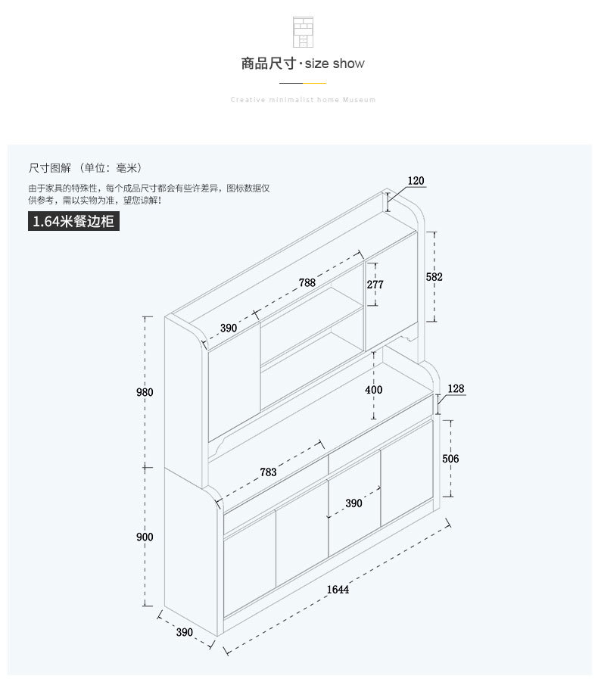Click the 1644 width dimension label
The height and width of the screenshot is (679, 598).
(x=338, y=590)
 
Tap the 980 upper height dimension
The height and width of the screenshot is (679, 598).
(x=145, y=392)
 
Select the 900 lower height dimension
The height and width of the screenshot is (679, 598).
(x=145, y=537)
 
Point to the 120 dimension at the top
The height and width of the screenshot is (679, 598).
(x=416, y=181)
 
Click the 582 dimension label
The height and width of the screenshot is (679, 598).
(x=434, y=277)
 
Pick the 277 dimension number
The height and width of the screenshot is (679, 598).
(x=375, y=285)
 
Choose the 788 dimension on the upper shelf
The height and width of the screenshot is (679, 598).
(x=307, y=282)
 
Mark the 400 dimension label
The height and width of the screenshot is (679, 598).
(x=373, y=390)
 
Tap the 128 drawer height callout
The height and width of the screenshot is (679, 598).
(x=456, y=389)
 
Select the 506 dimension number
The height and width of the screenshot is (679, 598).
(x=450, y=459)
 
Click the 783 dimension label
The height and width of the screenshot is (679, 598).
(x=268, y=472)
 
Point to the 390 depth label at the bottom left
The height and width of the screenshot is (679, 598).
(x=184, y=632)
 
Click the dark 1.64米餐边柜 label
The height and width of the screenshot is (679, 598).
(x=73, y=222)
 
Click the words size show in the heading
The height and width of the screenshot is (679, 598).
(x=335, y=64)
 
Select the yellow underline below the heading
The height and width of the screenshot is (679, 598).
(x=315, y=82)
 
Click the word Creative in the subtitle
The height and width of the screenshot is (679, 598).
(x=246, y=100)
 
